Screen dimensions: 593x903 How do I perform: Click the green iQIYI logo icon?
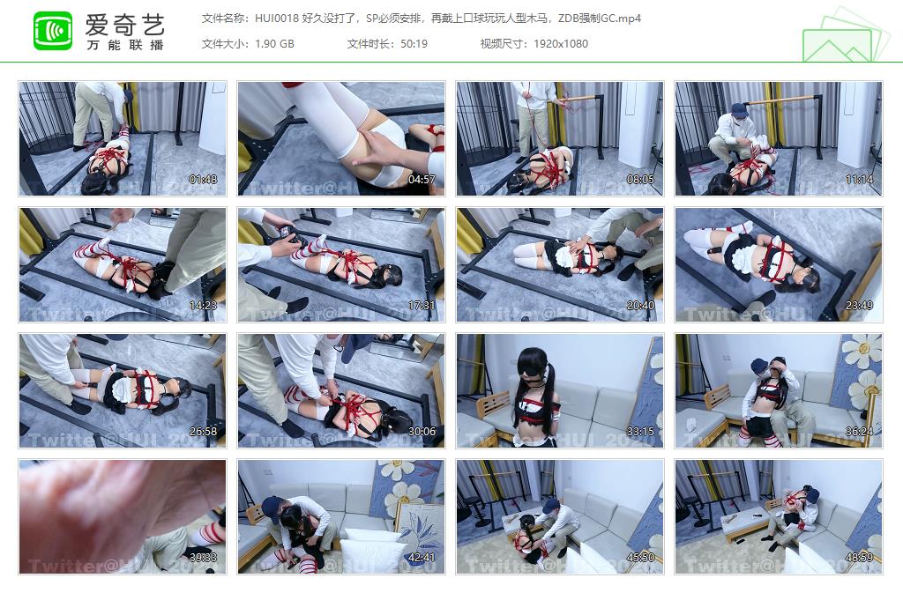coord(53,31)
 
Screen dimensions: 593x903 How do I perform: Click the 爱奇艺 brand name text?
coord(125,23)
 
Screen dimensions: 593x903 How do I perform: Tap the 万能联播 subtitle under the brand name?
coord(125,44)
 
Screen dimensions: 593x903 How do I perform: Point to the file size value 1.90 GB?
coord(274,43)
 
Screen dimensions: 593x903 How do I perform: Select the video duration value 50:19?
coord(414,43)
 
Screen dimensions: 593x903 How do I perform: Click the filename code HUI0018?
coord(275,18)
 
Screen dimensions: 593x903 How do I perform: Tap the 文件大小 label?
coord(225,43)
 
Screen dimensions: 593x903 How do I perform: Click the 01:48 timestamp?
coord(203,180)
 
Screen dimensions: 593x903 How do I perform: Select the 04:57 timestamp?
coord(422,180)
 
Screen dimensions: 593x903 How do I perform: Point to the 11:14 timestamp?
coord(859,180)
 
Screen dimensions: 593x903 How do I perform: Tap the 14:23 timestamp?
coord(203,306)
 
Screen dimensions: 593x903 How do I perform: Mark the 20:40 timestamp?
coord(640,306)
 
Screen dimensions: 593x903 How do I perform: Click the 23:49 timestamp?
coord(859,306)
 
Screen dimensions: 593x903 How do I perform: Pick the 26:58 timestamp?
coord(203,432)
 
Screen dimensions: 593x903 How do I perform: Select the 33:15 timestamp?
coord(640,432)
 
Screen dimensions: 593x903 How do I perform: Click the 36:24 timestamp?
coord(859,432)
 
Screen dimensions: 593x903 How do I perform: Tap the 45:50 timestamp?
coord(640,558)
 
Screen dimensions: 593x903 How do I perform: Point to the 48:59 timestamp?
coord(859,558)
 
